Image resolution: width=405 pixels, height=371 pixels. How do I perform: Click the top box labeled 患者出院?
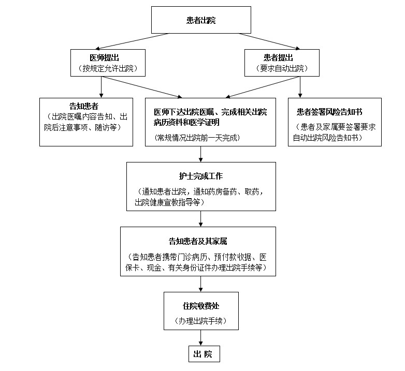coord(201,21)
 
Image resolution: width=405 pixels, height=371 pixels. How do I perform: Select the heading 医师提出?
coord(108,57)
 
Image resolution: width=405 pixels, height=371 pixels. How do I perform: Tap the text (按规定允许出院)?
coord(108,68)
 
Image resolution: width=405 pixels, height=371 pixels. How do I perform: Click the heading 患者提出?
coord(281,57)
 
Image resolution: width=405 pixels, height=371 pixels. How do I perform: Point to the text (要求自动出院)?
coord(281,68)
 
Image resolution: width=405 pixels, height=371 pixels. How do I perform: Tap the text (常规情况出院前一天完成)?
coord(197,138)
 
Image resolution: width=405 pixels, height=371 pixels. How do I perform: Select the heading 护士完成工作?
coord(201,176)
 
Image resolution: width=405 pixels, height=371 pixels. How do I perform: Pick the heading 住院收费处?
coord(201,306)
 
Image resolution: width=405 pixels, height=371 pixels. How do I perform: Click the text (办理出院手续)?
coord(201,320)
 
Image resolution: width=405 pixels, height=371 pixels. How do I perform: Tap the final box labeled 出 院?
coord(203,354)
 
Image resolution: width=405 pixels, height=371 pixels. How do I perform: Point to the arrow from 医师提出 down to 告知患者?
coord(102,87)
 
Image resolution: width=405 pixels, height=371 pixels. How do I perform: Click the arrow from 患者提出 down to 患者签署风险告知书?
coord(300,87)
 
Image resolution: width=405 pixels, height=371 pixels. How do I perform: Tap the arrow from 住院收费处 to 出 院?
coord(201,338)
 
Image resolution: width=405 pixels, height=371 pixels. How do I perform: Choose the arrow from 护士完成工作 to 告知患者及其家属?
coord(201,218)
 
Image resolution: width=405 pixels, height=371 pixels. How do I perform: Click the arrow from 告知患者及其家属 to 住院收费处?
coord(201,284)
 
